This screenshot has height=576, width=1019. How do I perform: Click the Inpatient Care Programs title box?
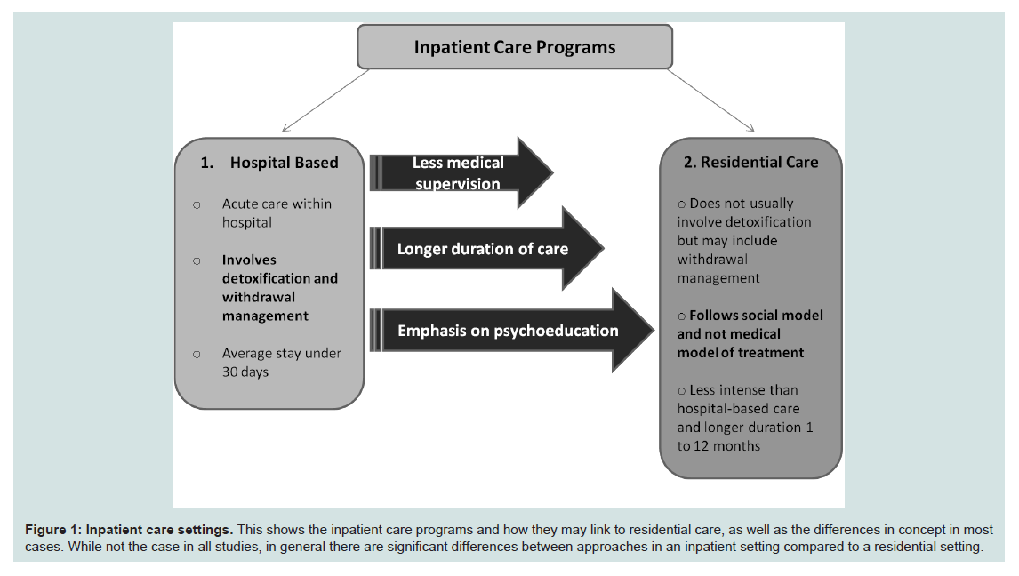[515, 47]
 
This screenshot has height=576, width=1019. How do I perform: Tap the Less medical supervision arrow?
[461, 172]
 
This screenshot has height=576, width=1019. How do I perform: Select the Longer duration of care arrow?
[486, 248]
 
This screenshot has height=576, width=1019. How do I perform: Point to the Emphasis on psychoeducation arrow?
[511, 330]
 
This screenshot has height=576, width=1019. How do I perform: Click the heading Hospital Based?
[284, 163]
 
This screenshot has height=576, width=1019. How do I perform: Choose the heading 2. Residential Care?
[750, 162]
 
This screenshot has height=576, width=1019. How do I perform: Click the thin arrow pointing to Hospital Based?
[325, 100]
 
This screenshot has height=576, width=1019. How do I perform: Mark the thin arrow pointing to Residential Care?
[711, 100]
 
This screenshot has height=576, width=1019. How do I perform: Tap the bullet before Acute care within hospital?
[197, 205]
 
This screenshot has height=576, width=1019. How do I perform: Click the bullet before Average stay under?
[197, 355]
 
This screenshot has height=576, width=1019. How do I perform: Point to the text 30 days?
[245, 372]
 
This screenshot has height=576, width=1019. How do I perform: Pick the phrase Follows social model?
[756, 315]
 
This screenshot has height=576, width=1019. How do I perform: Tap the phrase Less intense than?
[743, 389]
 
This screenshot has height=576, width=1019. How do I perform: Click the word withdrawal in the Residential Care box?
[712, 259]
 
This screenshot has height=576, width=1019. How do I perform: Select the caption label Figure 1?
[53, 530]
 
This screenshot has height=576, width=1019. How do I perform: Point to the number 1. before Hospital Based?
[206, 163]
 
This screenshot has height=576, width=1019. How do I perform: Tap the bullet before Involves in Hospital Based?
[197, 261]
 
